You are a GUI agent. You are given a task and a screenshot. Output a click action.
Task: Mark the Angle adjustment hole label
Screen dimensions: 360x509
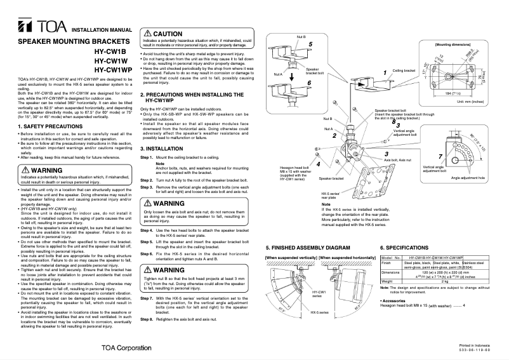tap(468, 179)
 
